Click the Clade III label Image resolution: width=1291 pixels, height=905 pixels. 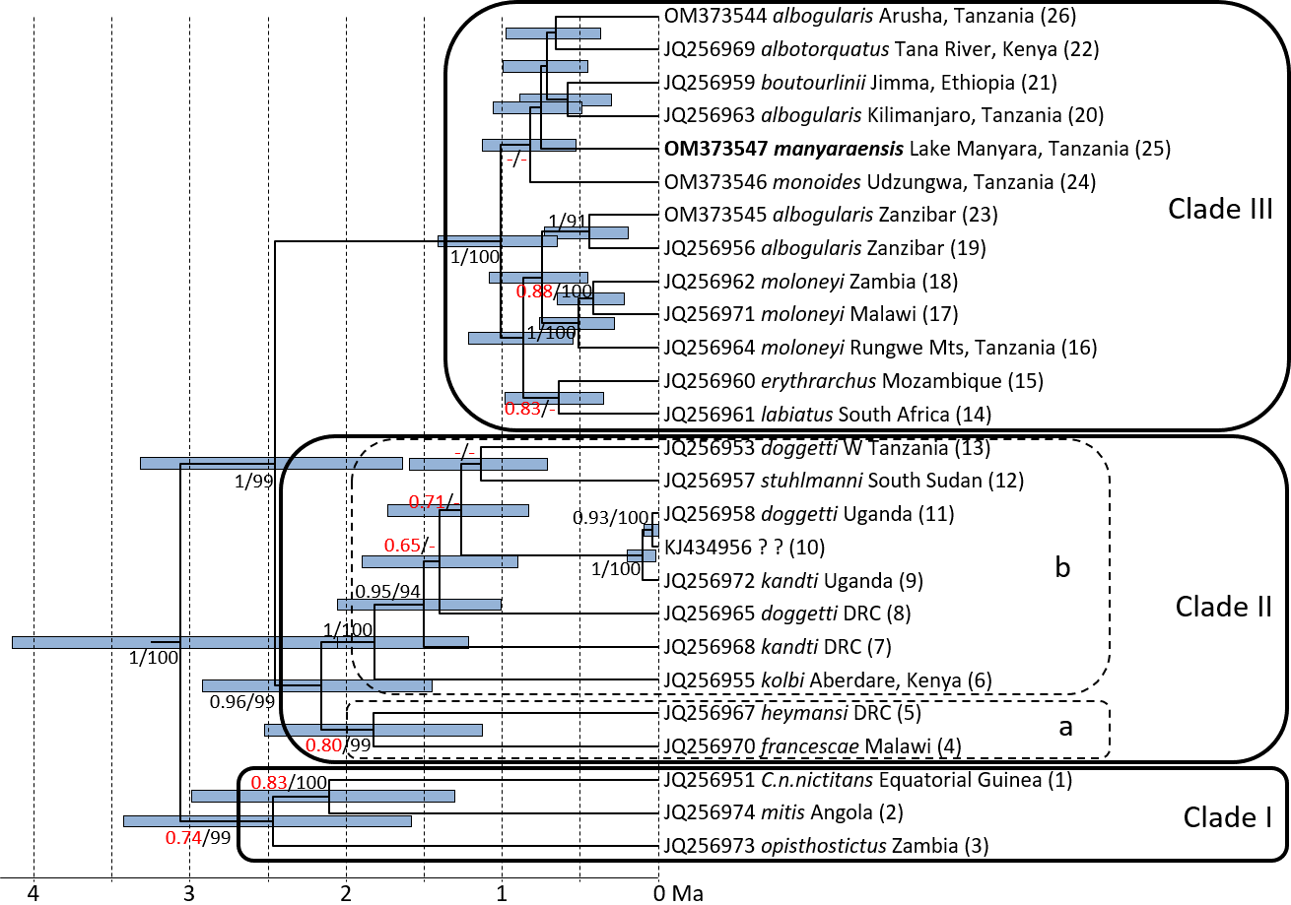click(1220, 209)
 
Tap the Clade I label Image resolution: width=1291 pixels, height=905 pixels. click(1227, 816)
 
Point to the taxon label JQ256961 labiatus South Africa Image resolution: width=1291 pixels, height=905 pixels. click(828, 414)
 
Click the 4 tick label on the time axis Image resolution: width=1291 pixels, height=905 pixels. click(34, 893)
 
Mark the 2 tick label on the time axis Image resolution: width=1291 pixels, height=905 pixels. click(346, 893)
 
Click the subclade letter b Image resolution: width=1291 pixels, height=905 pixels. click(1061, 568)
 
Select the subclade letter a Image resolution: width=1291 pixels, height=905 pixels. click(1063, 728)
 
